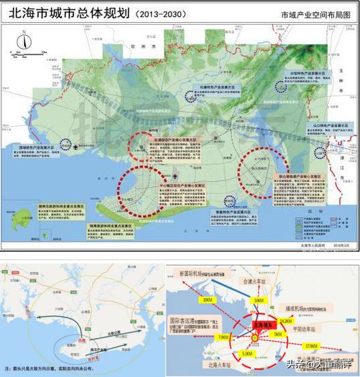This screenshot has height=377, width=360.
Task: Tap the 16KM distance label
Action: [x=258, y=300]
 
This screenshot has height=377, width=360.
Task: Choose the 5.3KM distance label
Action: [x=247, y=352]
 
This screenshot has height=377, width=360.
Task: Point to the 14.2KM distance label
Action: [x=286, y=322]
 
